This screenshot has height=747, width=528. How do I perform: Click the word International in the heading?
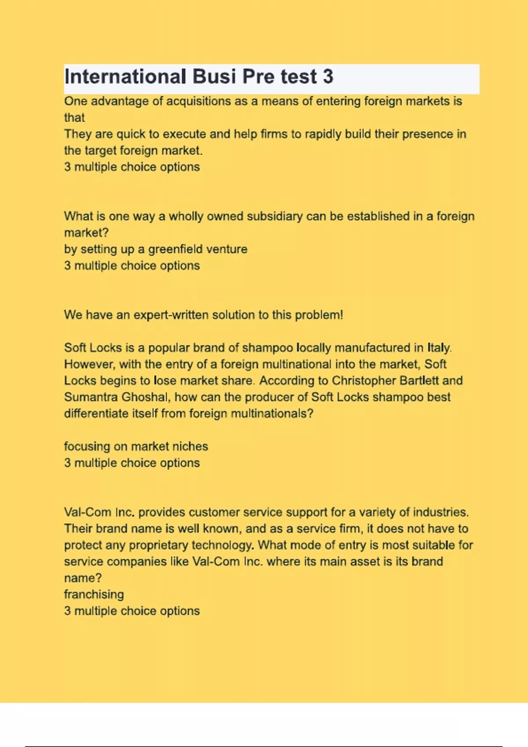pos(125,76)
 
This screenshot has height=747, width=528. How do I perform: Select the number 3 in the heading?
pos(328,76)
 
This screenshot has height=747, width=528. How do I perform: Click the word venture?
pos(227,249)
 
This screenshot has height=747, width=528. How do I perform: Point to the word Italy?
pos(439,348)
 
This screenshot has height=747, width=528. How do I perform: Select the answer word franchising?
pos(94,595)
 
